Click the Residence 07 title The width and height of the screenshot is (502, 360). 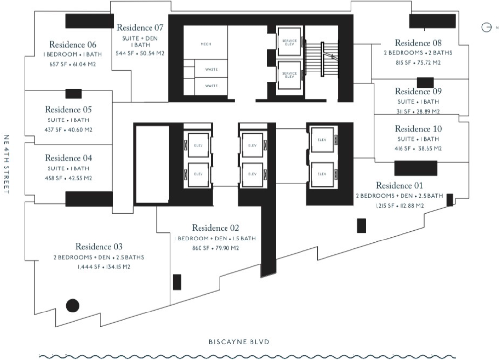coord(140,28)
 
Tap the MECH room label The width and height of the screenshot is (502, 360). coord(206,44)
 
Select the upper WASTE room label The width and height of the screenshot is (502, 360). coord(211,69)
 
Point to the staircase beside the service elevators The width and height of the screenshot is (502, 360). coord(322,59)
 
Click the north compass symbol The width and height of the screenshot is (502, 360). coord(486,27)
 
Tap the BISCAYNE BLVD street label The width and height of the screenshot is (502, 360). coord(239,342)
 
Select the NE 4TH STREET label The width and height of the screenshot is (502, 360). coord(7,164)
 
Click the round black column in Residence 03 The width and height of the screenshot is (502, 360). coord(73,306)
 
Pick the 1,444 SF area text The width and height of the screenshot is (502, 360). coord(89,267)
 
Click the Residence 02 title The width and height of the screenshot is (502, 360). coord(216,228)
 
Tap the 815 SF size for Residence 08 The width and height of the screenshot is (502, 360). coord(403,63)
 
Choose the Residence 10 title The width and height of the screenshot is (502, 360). coord(418,129)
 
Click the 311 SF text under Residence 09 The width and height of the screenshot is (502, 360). coord(403,111)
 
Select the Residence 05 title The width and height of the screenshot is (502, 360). coord(68,110)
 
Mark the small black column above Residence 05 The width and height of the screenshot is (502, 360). coord(74,94)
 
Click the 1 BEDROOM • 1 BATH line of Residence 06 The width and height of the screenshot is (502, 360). coord(73,55)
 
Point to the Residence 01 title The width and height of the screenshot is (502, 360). coord(399,186)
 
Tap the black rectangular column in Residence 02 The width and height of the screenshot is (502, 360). coord(177,282)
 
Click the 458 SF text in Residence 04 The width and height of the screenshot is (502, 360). coord(53,178)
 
